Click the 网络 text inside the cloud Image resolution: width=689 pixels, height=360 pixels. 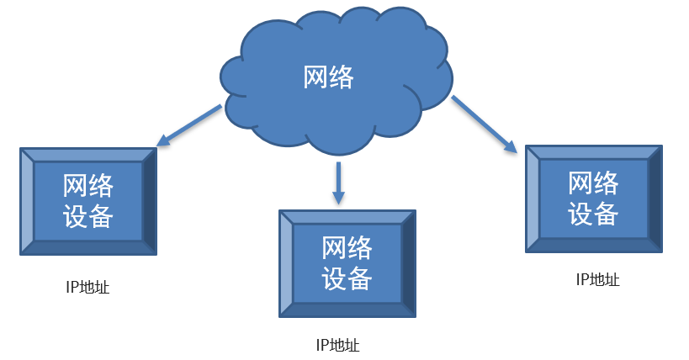328,77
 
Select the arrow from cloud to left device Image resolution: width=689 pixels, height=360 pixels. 191,124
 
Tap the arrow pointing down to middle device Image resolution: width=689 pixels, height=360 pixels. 339,182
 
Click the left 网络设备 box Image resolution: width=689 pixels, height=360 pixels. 88,201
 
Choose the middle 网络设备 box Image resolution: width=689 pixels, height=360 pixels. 347,263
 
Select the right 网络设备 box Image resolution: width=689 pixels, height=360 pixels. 593,198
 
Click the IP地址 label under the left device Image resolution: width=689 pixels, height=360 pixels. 87,288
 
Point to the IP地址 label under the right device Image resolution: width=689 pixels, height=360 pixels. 598,280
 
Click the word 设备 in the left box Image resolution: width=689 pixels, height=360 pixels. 88,216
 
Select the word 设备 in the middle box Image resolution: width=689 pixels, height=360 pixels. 347,278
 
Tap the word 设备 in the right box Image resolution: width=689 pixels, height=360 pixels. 593,213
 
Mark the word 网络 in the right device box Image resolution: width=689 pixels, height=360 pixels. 593,183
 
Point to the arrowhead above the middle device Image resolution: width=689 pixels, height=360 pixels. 339,199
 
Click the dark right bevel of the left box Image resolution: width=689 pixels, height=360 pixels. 149,201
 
